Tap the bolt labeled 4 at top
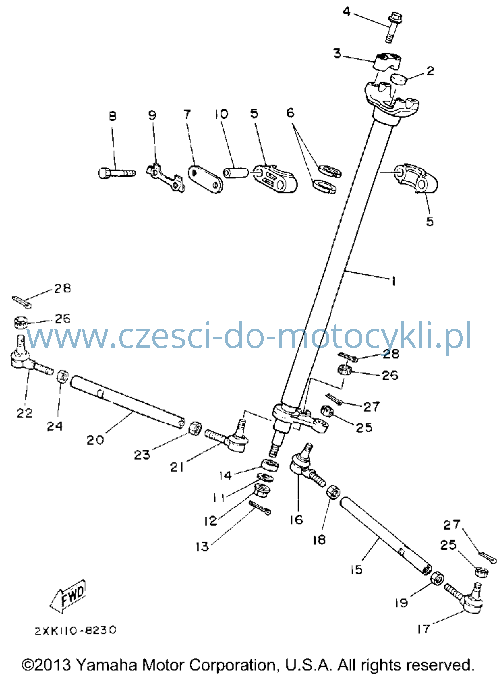point(391,27)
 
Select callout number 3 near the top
point(337,53)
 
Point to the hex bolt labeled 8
point(117,173)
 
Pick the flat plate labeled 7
point(205,179)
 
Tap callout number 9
point(152,115)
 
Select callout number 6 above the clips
point(290,113)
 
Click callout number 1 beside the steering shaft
point(393,281)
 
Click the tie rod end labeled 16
point(307,463)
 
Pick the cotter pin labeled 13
point(260,508)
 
